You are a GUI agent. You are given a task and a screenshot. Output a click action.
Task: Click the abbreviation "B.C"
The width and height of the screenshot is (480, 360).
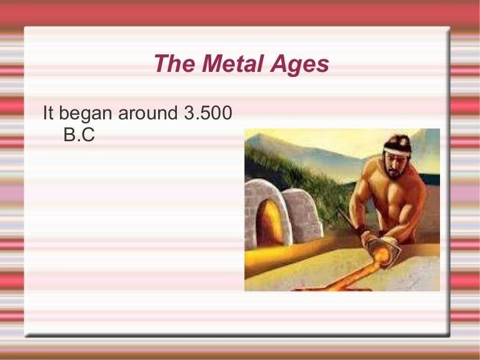pos(79,135)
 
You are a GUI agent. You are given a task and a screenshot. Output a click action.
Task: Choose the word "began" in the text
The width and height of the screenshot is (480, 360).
pos(89,115)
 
